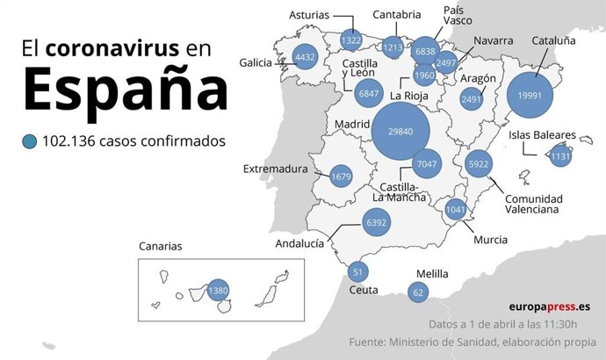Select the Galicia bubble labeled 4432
[x=305, y=58]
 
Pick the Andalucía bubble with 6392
[x=376, y=224]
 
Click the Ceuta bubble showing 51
[x=357, y=271]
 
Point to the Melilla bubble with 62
[x=418, y=292]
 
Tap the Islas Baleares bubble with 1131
[x=559, y=156]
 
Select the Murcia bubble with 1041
[x=455, y=210]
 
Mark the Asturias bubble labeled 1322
[x=351, y=40]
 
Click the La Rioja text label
[x=409, y=96]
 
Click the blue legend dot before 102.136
[x=31, y=141]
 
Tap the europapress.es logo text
[x=549, y=306]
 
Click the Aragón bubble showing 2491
[x=473, y=100]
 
